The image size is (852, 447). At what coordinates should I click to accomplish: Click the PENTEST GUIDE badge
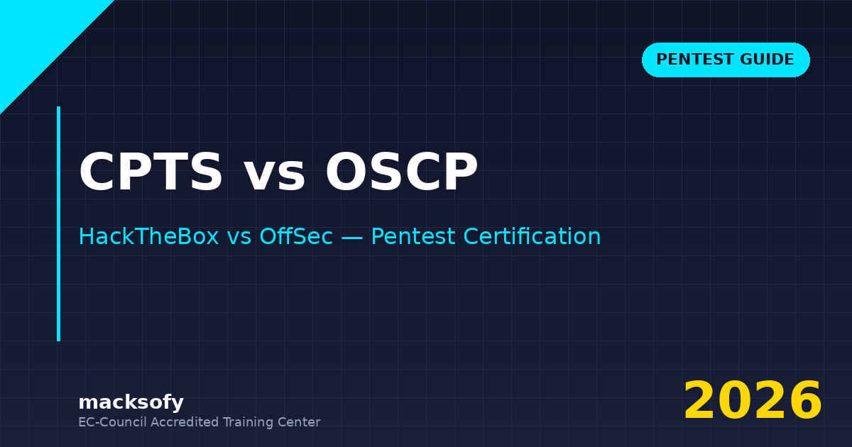[726, 60]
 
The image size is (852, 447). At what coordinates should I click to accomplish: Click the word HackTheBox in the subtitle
[148, 237]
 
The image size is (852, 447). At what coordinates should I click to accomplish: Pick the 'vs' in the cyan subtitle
[239, 238]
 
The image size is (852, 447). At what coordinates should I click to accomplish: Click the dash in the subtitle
[351, 238]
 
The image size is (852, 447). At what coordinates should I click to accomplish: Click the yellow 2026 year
[753, 402]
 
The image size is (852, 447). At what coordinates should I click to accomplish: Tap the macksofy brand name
[131, 403]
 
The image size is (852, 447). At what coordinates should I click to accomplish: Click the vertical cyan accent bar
[58, 223]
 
